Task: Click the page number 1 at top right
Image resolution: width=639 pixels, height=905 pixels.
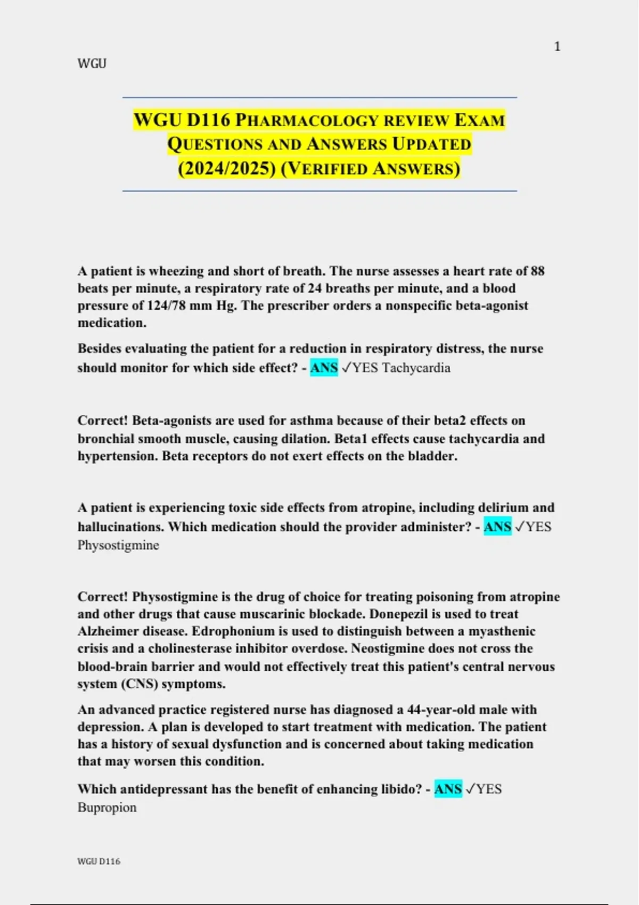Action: (x=557, y=47)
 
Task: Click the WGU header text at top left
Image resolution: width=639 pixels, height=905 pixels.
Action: (x=92, y=64)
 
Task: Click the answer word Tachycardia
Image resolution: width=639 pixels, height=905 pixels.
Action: (x=416, y=368)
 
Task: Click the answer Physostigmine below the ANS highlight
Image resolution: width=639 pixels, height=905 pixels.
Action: (x=118, y=545)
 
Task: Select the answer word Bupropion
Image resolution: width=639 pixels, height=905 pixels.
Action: (x=107, y=808)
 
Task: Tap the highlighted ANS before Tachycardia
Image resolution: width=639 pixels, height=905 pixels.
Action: (x=324, y=368)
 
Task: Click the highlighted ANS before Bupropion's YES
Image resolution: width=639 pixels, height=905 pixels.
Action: (x=448, y=789)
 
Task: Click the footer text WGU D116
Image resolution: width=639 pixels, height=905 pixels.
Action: (x=99, y=861)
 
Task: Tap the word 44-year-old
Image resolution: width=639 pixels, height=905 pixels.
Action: (x=438, y=710)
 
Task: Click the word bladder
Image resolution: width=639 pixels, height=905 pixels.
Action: (x=431, y=456)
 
